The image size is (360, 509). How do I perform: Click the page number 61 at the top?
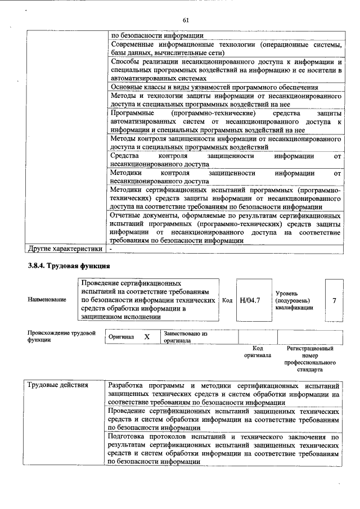click(185, 21)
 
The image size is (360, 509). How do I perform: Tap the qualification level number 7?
click(334, 301)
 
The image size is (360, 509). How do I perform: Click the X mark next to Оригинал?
click(146, 336)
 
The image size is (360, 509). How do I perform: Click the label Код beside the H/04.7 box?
click(227, 301)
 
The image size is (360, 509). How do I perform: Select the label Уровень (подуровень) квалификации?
click(293, 301)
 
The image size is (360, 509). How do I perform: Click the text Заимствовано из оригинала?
click(186, 337)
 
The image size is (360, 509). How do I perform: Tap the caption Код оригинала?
click(257, 352)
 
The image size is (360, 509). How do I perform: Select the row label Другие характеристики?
click(65, 248)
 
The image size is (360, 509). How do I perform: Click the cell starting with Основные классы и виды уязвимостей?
click(214, 87)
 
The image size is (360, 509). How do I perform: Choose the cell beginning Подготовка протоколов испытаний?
click(224, 448)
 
